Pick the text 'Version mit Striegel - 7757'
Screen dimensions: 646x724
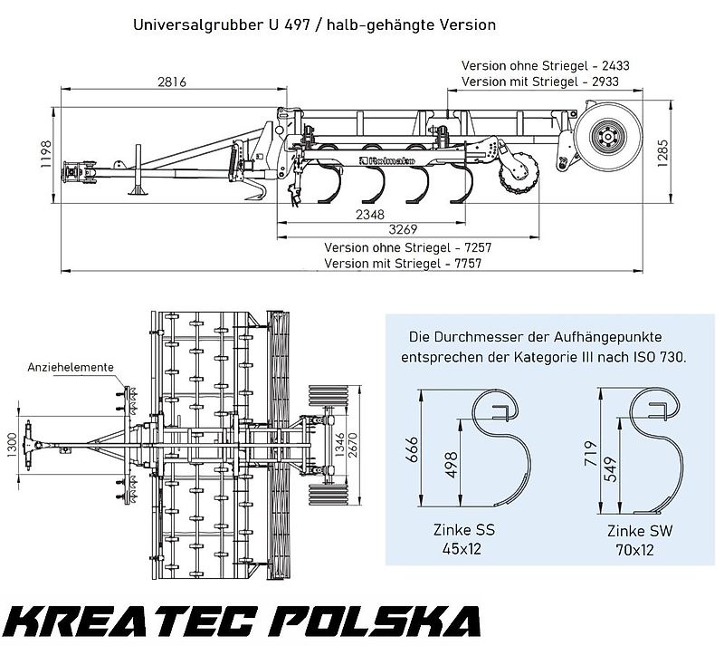coord(402,263)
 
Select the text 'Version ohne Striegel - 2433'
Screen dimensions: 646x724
coord(545,66)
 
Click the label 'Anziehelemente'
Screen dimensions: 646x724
coord(70,367)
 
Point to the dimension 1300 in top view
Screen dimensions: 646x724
coord(12,445)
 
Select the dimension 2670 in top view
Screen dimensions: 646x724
coord(365,445)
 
